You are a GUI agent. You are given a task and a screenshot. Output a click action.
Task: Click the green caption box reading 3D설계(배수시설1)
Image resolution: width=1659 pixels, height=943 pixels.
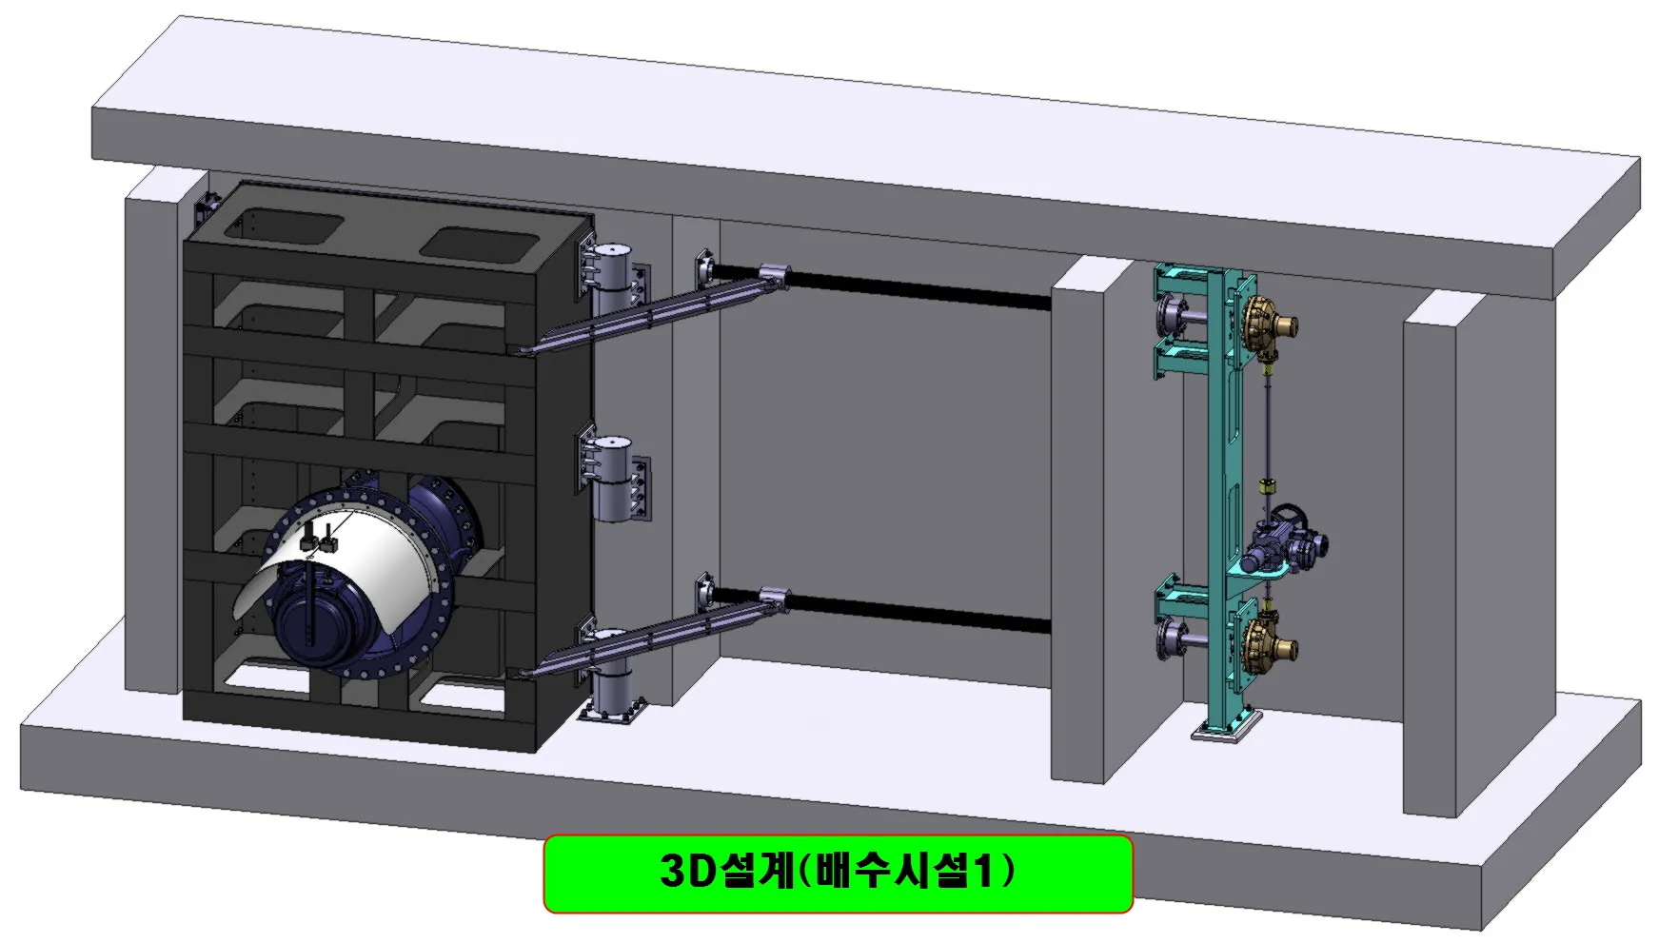[x=838, y=873]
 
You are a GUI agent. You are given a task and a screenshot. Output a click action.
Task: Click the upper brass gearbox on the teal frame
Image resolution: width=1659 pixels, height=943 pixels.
[x=1266, y=327]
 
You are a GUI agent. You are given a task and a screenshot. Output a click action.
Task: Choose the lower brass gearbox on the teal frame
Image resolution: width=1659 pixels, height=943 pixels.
[x=1266, y=643]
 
